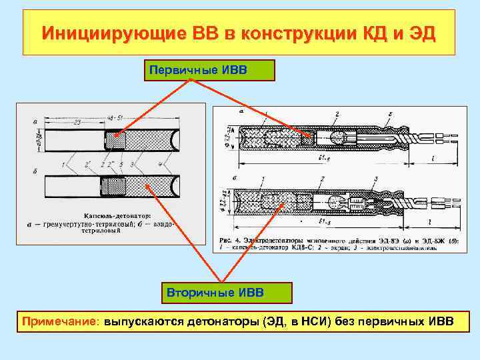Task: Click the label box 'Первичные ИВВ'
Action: point(209,70)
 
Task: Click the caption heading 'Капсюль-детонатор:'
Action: point(117,215)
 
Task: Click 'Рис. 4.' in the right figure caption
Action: point(231,239)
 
